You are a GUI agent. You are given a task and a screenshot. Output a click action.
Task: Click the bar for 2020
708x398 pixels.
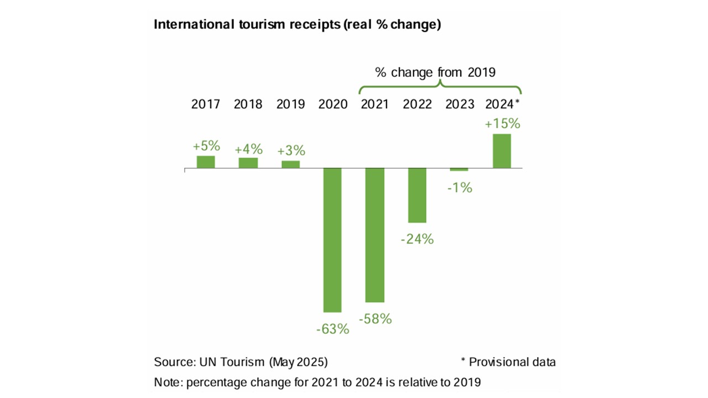[x=332, y=240]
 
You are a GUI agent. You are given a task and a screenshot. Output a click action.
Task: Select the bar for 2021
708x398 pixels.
[x=374, y=235]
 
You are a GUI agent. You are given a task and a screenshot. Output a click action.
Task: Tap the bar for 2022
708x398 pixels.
[x=417, y=195]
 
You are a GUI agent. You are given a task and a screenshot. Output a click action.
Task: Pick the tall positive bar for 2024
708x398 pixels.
[x=502, y=150]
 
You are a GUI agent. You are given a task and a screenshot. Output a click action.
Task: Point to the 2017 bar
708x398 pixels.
[x=206, y=161]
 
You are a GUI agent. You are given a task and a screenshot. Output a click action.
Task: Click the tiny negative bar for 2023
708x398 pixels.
[x=459, y=169]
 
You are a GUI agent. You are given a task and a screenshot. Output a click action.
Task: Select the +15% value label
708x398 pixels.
[x=502, y=124]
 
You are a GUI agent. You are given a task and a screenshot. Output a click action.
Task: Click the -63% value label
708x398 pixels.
[x=332, y=329]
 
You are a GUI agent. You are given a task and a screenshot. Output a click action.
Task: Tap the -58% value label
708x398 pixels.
[x=375, y=319]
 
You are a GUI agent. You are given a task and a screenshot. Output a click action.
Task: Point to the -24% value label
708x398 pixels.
[x=417, y=239]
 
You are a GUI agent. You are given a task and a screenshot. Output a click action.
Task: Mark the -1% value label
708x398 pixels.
[x=460, y=188]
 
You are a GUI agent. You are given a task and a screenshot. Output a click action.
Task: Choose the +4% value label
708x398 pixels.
[x=248, y=149]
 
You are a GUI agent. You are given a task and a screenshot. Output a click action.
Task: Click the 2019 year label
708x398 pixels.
[x=290, y=104]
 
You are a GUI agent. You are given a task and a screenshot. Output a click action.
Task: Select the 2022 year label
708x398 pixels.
[x=417, y=104]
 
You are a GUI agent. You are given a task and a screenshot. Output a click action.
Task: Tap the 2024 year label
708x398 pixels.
[x=499, y=104]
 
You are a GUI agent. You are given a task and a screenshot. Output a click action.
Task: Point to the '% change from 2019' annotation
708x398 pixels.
[x=435, y=72]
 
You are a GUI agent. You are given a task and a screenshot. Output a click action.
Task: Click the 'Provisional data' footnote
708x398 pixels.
[x=512, y=362]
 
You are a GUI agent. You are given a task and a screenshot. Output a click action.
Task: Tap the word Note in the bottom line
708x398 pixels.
[x=165, y=381]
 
